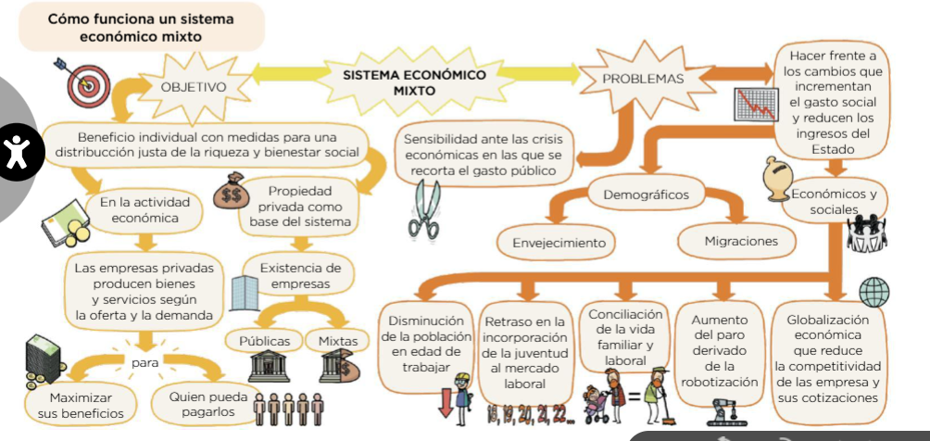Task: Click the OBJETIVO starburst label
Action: tap(193, 86)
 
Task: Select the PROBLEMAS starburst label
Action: tap(643, 79)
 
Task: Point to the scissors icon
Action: tap(423, 209)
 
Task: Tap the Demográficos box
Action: tap(646, 195)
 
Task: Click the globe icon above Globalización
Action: tap(873, 292)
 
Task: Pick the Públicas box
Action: tap(265, 341)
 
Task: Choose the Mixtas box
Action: tap(337, 341)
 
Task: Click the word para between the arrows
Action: tap(145, 363)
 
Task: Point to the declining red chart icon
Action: tap(754, 104)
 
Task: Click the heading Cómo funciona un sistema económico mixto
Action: tap(140, 28)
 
